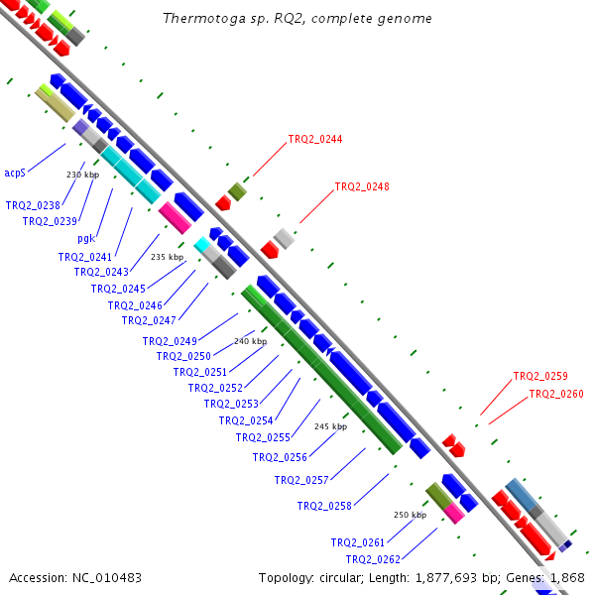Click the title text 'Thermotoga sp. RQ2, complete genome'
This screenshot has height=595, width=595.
297,18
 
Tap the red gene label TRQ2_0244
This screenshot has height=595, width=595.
315,139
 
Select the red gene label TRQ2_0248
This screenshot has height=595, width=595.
362,186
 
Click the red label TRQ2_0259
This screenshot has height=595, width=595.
540,376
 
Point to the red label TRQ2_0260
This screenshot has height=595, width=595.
556,394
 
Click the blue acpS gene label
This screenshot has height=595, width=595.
15,173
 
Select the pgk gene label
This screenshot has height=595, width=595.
86,239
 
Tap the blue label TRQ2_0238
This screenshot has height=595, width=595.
33,205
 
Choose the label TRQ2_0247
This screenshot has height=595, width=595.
149,320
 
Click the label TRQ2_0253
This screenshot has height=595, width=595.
231,404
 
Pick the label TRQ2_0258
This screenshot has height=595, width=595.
324,506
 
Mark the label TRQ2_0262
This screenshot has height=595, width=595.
373,559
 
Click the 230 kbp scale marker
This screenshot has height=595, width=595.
82,175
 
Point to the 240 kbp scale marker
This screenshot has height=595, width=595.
251,341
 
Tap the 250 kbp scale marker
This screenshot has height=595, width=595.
411,515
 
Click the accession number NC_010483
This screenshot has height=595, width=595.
107,578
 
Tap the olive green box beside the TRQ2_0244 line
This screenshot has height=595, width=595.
237,191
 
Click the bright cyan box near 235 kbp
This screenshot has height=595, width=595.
202,245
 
